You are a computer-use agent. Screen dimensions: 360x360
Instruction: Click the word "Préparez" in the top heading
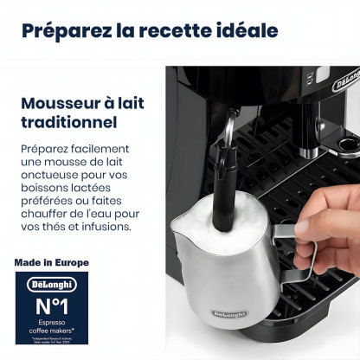[x=65, y=31]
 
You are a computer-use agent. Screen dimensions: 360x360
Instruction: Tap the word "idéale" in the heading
[x=245, y=31]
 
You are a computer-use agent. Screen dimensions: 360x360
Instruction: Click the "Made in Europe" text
[x=51, y=261]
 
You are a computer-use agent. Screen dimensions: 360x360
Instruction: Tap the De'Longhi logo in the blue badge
[x=52, y=284]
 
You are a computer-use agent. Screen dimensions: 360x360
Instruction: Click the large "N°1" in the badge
[x=52, y=308]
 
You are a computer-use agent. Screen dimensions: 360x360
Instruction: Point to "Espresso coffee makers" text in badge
[x=52, y=330]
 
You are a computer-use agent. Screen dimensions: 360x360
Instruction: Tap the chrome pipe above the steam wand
[x=226, y=130]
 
